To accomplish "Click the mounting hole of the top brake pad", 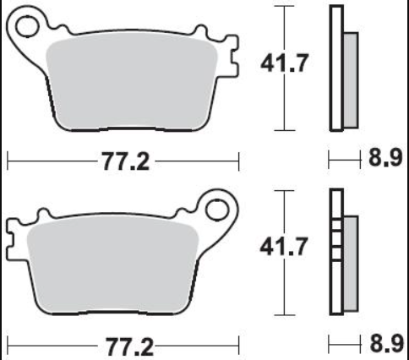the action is point(27,27).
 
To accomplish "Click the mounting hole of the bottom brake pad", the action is point(217,210).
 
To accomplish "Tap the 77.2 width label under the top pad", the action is point(126,161).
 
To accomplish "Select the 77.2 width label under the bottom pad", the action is point(129,347).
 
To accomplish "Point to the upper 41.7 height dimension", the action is point(285,63).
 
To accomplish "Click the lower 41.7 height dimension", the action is point(283,247).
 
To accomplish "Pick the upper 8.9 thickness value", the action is point(385,158).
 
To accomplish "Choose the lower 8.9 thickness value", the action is point(386,343).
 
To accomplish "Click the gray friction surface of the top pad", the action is point(132,82).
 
